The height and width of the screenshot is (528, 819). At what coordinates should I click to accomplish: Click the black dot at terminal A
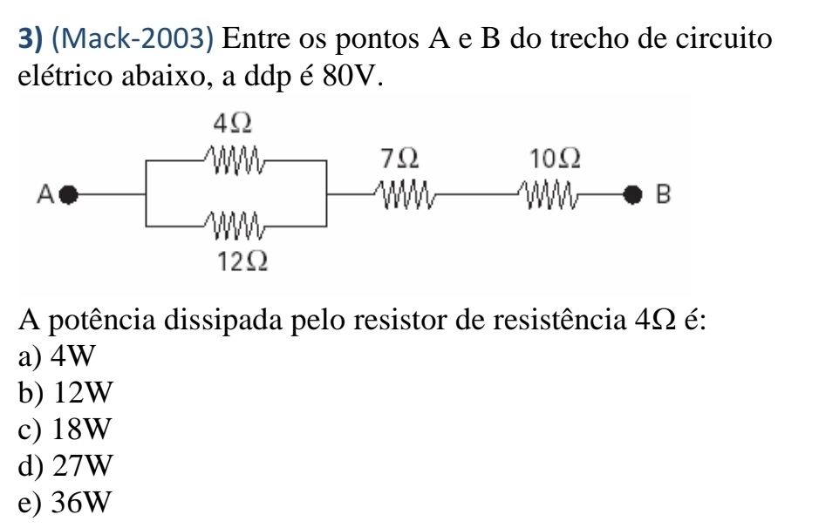click(72, 193)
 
